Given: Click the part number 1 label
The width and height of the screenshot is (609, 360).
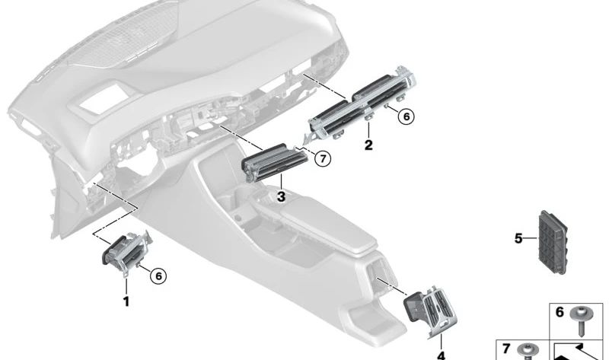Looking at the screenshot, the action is (126, 301).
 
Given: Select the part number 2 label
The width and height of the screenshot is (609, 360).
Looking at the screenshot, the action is (368, 145).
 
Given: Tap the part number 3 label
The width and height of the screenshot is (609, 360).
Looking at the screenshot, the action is (281, 197).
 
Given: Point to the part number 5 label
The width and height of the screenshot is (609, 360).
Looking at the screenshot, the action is (518, 238).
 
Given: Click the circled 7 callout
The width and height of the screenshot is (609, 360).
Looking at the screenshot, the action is (323, 158).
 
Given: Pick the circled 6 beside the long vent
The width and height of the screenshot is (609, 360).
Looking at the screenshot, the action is (407, 116).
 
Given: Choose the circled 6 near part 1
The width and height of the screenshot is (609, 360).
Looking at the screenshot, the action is (158, 276).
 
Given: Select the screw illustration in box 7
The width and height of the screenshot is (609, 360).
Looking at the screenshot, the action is (528, 352).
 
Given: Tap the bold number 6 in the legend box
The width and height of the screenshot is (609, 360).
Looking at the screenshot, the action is (560, 312).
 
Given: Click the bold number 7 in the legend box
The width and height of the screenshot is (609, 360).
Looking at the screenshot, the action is (505, 349).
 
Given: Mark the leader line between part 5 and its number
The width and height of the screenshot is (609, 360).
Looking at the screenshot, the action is (531, 238).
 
